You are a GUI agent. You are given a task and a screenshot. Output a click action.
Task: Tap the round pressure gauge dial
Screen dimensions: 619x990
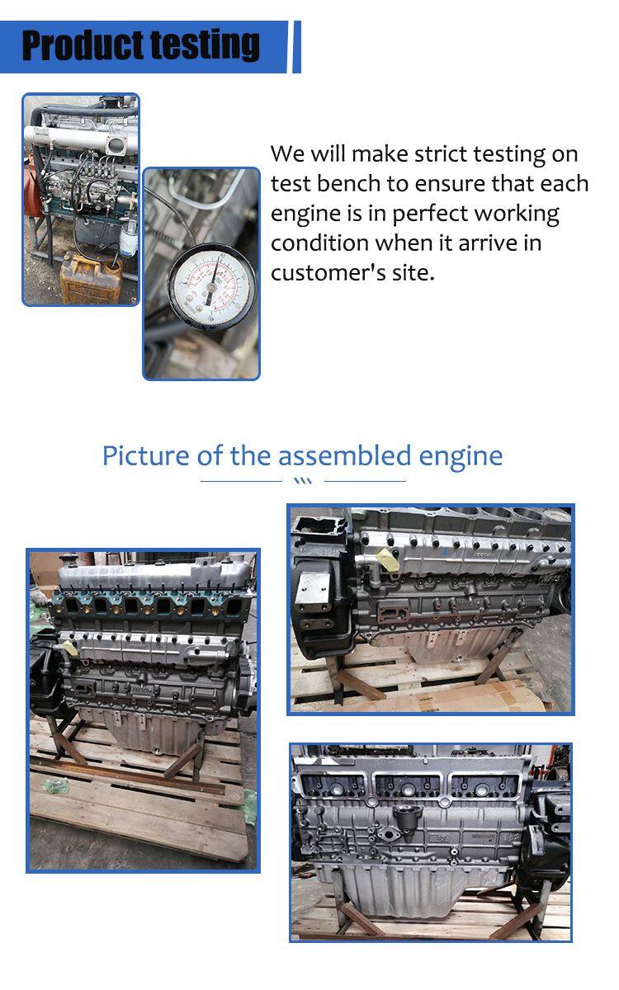click(x=212, y=288)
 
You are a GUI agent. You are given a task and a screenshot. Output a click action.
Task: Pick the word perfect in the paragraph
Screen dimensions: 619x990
click(x=429, y=214)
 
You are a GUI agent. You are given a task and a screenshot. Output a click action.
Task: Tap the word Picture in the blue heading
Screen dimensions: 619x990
click(x=146, y=455)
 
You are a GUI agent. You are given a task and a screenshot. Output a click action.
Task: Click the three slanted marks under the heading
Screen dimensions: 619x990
click(x=304, y=481)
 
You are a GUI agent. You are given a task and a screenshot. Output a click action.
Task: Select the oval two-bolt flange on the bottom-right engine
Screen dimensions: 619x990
click(x=389, y=845)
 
